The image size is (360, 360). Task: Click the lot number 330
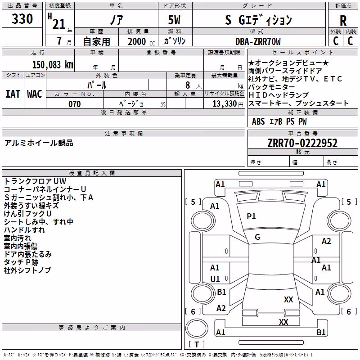22,18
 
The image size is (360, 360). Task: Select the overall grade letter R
343,20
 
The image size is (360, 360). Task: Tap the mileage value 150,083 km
53,65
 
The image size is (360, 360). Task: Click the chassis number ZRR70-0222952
302,143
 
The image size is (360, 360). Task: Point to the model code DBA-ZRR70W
258,41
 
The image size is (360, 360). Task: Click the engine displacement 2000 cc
141,41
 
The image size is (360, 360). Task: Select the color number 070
75,104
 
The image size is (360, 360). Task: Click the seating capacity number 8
188,85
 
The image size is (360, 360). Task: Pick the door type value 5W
174,20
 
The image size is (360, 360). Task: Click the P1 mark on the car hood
251,216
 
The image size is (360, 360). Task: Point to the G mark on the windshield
257,237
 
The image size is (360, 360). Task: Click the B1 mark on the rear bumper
321,332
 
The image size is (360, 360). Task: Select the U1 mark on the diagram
215,279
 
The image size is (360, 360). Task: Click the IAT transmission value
13,94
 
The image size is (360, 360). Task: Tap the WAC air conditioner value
35,94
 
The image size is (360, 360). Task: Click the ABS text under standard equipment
258,121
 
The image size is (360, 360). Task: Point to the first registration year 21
59,24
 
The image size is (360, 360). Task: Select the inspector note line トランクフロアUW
35,181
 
